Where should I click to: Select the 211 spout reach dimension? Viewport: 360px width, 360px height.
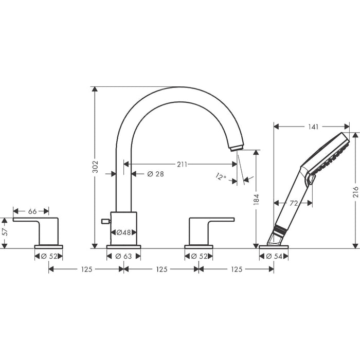(x=182, y=165)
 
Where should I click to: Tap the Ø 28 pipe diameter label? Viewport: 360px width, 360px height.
(x=155, y=174)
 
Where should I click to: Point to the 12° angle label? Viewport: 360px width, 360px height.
(x=221, y=177)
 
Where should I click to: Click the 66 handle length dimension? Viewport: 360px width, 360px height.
(x=32, y=211)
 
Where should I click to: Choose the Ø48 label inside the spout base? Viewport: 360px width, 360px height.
(x=123, y=233)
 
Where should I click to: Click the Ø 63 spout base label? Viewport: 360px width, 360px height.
(x=123, y=256)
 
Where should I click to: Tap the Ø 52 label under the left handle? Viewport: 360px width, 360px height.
(x=48, y=256)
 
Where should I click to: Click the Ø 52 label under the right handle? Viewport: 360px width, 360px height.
(x=199, y=256)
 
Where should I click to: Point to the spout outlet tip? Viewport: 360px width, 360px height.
(x=235, y=148)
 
